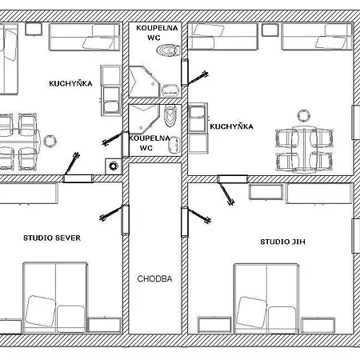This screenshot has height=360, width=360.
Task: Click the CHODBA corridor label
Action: (154, 279)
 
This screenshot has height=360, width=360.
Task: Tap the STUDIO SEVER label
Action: (52, 238)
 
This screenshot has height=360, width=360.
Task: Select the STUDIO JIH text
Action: (282, 242)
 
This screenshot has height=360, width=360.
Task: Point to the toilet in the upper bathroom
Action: (168, 50)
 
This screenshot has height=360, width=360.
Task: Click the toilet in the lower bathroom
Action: (170, 115)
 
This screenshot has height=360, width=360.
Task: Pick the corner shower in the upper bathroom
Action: (144, 82)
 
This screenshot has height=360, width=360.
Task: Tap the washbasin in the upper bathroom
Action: (170, 90)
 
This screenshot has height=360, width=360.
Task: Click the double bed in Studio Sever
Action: (55, 298)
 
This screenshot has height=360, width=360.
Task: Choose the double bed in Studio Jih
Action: (266, 298)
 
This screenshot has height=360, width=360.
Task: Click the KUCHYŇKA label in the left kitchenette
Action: (70, 83)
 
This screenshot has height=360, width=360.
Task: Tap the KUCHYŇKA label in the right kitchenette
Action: (231, 126)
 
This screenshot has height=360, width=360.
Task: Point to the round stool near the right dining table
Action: (303, 115)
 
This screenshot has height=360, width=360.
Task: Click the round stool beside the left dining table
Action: (50, 141)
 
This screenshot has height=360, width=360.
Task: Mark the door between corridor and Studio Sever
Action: (126, 220)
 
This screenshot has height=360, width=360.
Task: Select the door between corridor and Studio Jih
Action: (185, 222)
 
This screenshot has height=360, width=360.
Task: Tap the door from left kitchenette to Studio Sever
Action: (78, 178)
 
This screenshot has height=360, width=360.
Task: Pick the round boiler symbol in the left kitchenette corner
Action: (114, 166)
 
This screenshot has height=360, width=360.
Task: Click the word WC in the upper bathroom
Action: (154, 38)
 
